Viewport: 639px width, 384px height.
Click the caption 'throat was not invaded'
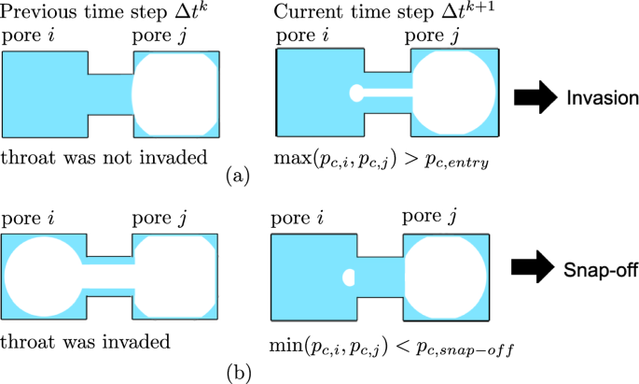pos(104,156)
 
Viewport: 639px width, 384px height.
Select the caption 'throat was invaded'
pos(85,341)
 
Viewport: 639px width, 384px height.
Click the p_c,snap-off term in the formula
pos(472,344)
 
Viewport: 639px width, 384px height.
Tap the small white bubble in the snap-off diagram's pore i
pos(350,277)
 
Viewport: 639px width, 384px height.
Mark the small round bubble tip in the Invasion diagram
pos(355,93)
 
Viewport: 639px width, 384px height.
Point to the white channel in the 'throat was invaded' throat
pos(107,277)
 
